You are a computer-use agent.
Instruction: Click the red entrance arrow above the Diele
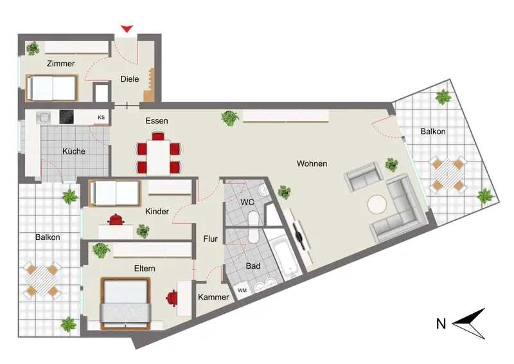pos(127,28)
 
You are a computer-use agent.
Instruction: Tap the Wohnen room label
pos(312,163)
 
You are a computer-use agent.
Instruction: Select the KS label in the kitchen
pos(102,117)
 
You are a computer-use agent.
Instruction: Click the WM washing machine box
pos(242,291)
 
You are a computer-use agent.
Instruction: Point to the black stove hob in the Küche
pos(67,117)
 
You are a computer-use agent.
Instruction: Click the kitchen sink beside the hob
pos(43,117)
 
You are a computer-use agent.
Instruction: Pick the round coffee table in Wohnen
pos(377,205)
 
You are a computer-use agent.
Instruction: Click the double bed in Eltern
pos(125,304)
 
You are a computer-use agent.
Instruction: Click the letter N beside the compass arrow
pos(441,324)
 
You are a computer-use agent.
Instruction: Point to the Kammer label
pos(213,297)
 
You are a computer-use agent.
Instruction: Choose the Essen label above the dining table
pos(157,121)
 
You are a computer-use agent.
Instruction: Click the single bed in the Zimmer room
pos(52,88)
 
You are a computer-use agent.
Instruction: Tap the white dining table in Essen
pos(158,157)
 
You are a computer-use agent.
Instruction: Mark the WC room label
pos(247,202)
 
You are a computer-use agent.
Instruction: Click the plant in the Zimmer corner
pos(33,49)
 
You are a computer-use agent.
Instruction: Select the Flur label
pos(211,239)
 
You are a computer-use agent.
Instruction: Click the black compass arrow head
pos(468,323)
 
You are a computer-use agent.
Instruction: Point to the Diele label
pos(130,79)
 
